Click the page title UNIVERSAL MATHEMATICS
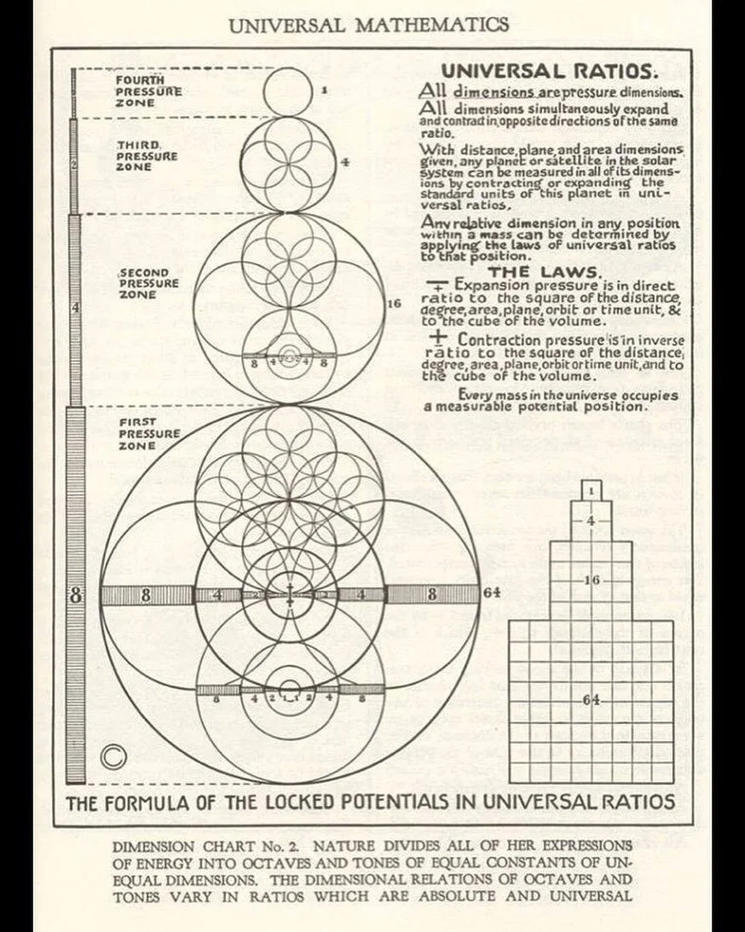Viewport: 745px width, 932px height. tap(369, 24)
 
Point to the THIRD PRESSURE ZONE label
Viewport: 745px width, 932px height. tap(147, 156)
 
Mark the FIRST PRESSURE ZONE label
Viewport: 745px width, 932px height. tap(148, 434)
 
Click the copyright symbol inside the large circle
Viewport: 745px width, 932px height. tap(111, 756)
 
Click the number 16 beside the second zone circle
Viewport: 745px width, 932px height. tap(393, 303)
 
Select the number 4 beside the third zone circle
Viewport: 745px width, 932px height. tap(345, 161)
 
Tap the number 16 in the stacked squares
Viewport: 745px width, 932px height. tap(592, 580)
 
